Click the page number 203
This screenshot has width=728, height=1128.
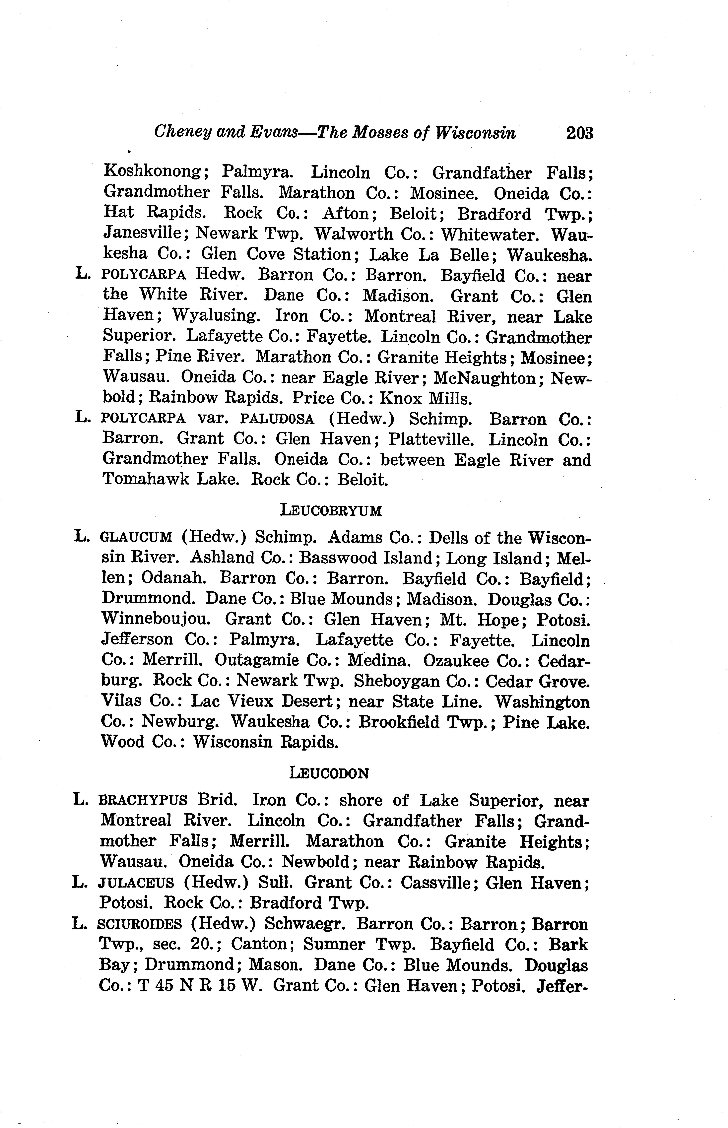point(580,133)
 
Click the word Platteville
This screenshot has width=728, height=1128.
point(431,440)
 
